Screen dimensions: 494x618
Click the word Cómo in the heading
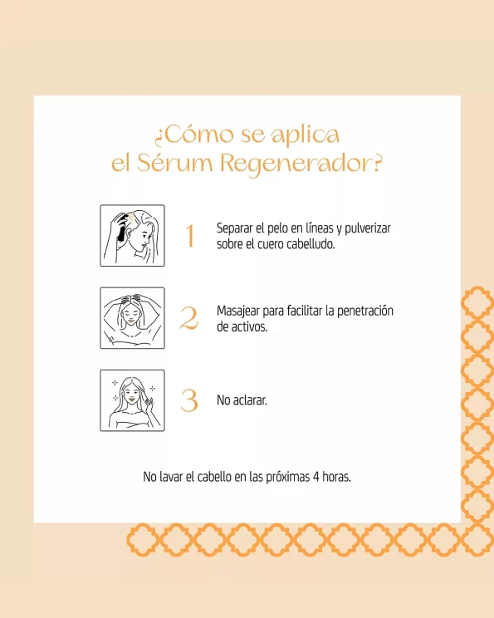pos(199,134)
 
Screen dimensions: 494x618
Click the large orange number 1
pos(190,236)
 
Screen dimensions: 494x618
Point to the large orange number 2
pos(189,318)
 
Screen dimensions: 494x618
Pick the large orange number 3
pos(189,400)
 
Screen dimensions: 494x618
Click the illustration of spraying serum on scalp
pos(132,236)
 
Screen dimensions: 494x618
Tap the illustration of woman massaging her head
pos(132,318)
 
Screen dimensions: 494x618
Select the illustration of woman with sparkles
pos(132,400)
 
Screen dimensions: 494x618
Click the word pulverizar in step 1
pos(368,228)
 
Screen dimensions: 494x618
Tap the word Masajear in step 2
pos(238,311)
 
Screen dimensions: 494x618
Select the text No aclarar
pos(242,400)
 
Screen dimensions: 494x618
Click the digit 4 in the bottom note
pos(316,477)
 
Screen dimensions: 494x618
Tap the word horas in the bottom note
pos(337,477)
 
